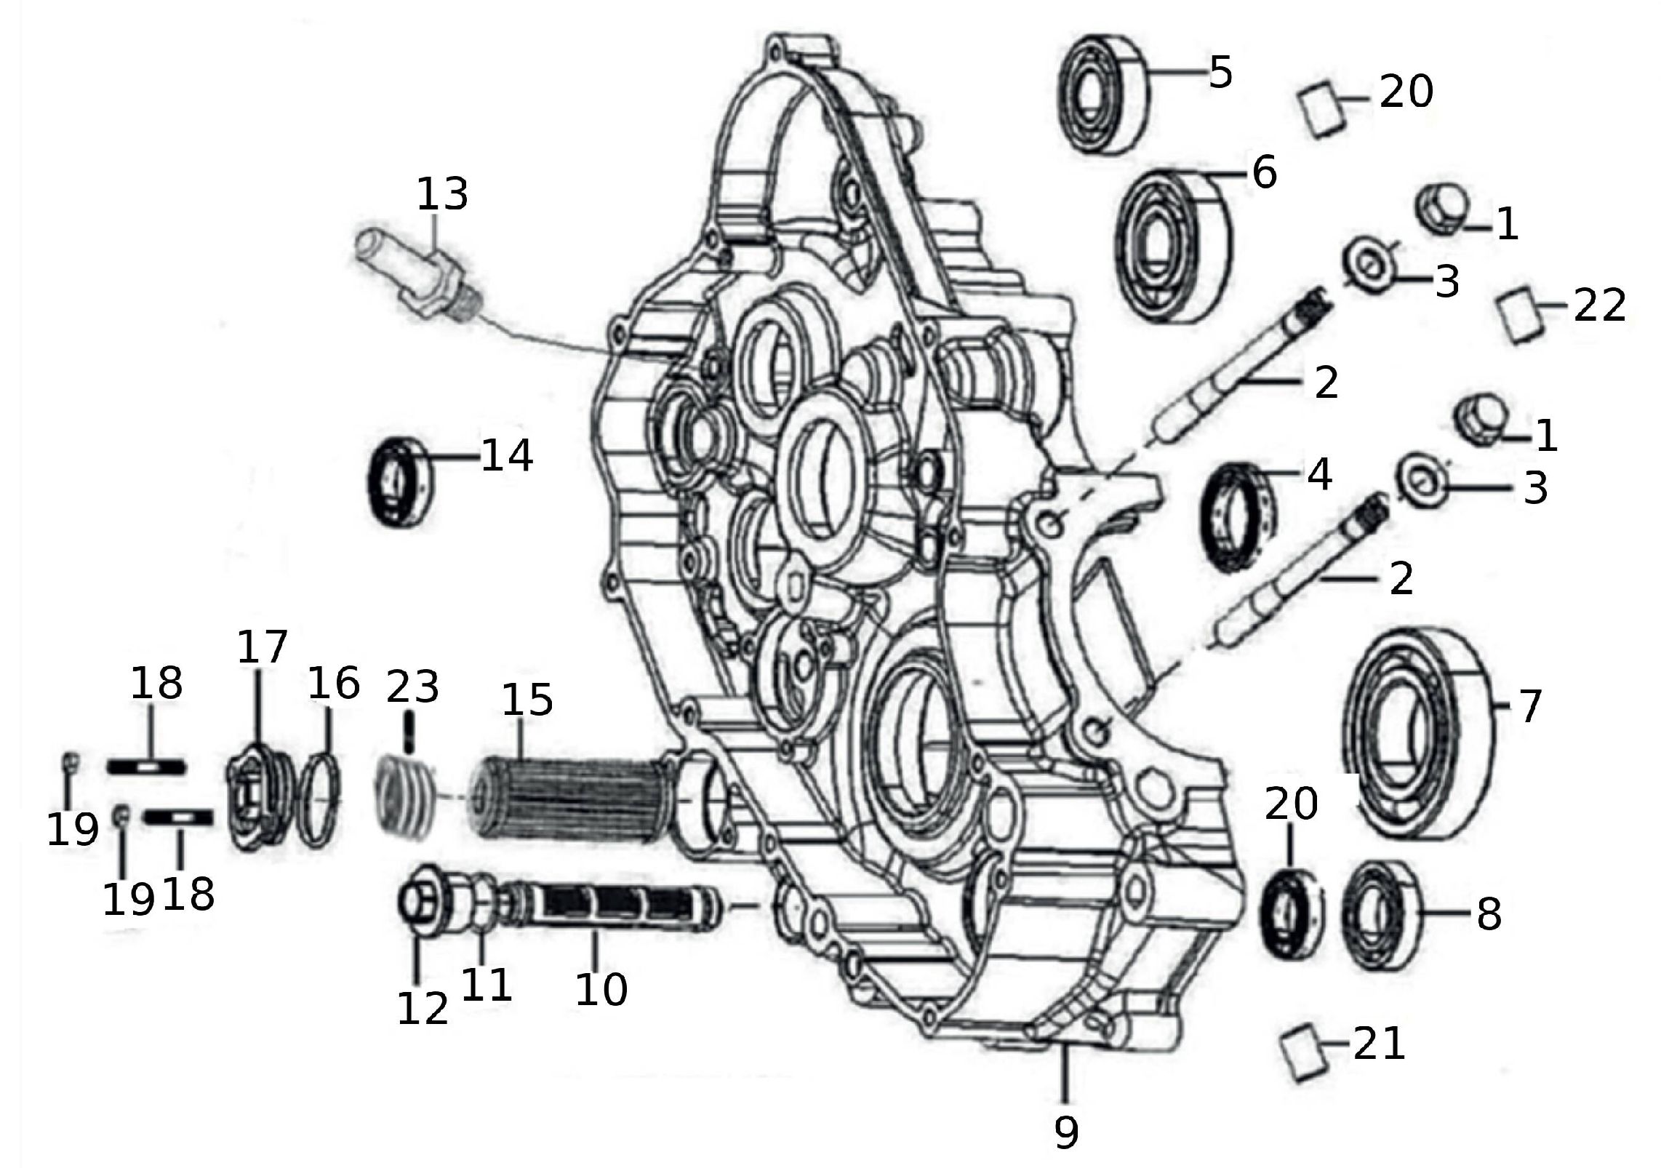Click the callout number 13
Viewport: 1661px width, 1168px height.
pos(442,194)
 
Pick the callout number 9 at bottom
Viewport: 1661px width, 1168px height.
pos(1065,1132)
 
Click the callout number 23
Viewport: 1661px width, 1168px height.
pos(412,687)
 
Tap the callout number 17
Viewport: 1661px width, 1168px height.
pos(263,647)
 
